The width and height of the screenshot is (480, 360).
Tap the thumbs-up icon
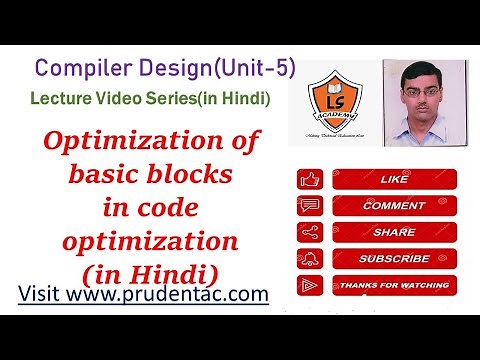pyautogui.click(x=310, y=181)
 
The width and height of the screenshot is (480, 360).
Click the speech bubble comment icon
pyautogui.click(x=310, y=207)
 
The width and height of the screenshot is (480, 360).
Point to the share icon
pyautogui.click(x=310, y=232)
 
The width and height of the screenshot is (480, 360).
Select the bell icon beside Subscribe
pyautogui.click(x=310, y=258)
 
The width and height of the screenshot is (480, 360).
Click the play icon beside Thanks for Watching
pyautogui.click(x=310, y=284)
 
